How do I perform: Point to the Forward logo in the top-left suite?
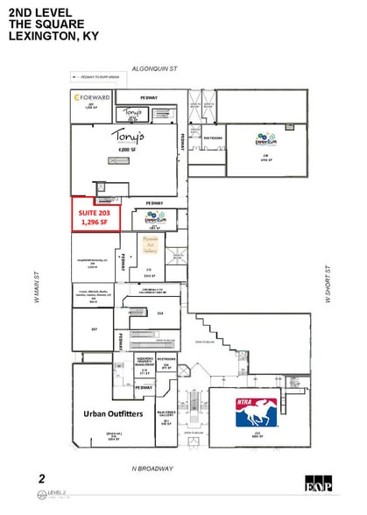(x=91, y=97)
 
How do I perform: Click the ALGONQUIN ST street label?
(x=154, y=67)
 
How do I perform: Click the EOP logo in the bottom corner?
(x=315, y=483)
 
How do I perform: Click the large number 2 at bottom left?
(x=41, y=478)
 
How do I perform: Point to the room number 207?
(x=94, y=329)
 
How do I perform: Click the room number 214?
(x=159, y=313)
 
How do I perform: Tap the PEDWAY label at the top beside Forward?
(x=149, y=96)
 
